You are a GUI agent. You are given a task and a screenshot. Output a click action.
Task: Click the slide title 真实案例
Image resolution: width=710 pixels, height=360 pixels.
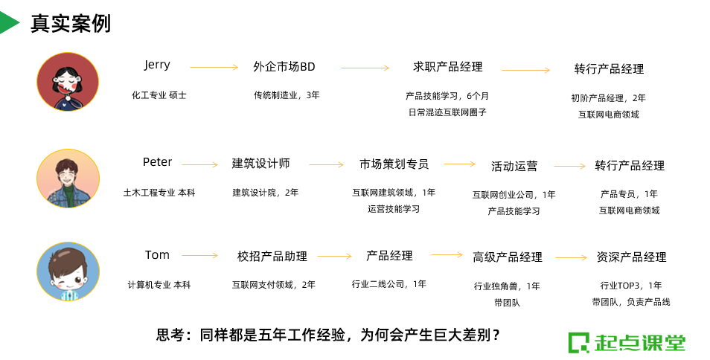click(x=71, y=24)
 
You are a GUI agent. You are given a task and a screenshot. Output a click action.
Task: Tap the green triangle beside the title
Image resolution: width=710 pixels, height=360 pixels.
click(x=8, y=23)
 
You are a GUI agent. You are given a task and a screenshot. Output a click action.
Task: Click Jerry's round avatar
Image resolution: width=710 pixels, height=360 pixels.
click(x=68, y=82)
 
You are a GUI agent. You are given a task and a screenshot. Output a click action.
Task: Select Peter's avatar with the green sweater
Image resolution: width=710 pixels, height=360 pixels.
click(x=68, y=179)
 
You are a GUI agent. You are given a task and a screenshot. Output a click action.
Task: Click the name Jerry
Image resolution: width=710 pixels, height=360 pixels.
click(x=157, y=65)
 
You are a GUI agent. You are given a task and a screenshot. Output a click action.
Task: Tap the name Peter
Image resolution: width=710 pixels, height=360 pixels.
click(x=157, y=162)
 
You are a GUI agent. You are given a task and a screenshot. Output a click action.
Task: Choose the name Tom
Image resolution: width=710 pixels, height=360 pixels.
click(x=157, y=255)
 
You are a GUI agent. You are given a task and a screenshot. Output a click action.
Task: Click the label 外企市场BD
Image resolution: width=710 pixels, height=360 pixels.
click(x=284, y=67)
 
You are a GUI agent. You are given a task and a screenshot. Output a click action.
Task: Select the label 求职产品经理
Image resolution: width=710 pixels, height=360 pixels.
click(x=448, y=67)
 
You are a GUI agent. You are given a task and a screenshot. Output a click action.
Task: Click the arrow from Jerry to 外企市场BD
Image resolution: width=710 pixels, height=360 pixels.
click(x=214, y=68)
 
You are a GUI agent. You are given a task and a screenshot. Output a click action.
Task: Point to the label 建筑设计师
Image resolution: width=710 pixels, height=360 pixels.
click(x=260, y=164)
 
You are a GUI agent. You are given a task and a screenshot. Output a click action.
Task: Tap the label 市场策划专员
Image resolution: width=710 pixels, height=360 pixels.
click(x=394, y=164)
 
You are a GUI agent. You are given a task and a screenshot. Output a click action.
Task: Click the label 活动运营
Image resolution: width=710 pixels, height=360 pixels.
click(x=514, y=166)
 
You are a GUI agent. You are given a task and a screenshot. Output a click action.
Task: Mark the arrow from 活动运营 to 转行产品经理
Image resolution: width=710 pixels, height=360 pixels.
click(x=570, y=166)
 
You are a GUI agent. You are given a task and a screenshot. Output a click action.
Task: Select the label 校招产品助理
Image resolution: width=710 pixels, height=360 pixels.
click(x=272, y=256)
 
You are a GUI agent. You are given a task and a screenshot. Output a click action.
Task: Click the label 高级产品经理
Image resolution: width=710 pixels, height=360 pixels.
click(x=508, y=257)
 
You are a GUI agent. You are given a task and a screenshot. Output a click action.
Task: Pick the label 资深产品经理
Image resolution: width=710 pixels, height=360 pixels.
click(x=631, y=257)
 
